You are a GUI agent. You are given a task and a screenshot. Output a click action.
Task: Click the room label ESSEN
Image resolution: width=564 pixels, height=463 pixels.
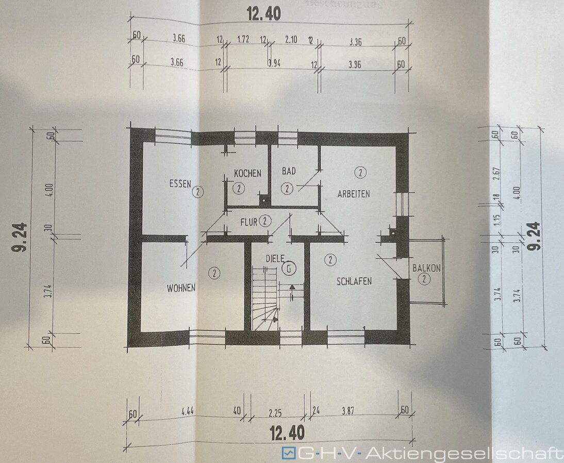[179, 183]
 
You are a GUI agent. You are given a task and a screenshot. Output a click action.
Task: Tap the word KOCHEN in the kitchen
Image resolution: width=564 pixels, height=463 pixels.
[247, 173]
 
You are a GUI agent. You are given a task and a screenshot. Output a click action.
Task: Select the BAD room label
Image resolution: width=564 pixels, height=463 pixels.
[288, 171]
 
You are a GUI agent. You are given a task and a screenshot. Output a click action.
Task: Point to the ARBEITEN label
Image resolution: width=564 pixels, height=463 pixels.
[354, 194]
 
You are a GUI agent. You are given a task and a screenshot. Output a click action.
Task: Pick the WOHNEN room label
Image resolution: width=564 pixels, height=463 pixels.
[181, 288]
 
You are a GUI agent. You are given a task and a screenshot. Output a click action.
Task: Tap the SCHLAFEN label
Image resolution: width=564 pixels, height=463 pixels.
[354, 281]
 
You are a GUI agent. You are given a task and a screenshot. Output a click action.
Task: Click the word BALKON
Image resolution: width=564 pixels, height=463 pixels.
[426, 268]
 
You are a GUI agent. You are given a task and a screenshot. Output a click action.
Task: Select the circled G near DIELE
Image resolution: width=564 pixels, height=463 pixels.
[290, 268]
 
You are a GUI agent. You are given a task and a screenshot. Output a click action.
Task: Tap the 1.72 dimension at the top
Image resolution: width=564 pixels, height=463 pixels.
[244, 39]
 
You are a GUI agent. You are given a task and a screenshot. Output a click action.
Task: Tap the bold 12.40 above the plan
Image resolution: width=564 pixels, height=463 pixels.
[263, 13]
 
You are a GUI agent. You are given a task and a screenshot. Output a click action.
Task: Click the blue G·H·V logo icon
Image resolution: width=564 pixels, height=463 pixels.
[287, 453]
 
